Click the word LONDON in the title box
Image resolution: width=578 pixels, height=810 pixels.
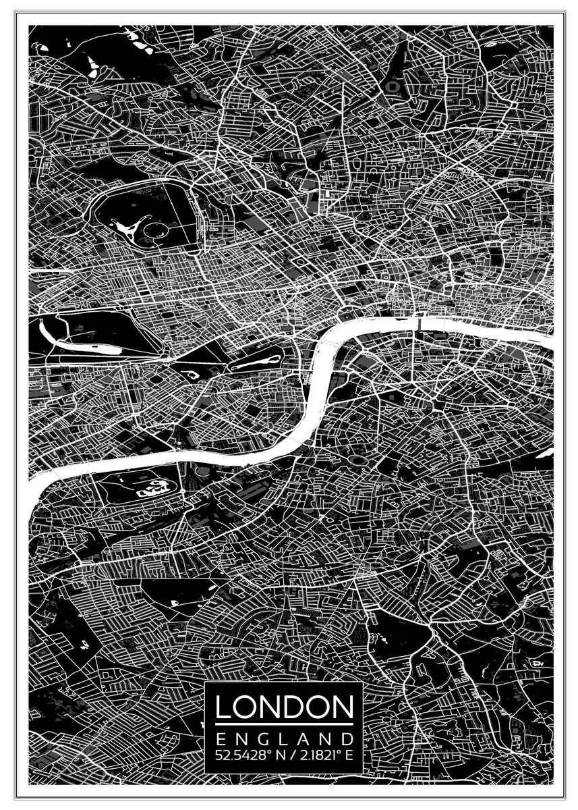pos(284,707)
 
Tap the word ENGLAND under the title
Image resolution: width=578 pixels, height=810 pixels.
pos(284,738)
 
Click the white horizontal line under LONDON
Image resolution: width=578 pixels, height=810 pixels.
pos(284,724)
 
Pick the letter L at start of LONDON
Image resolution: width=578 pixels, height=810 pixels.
pos(223,707)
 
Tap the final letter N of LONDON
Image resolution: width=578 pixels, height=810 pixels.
pos(342,707)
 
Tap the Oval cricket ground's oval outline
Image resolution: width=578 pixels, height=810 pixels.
pos(357,460)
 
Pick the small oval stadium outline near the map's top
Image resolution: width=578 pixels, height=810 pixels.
pos(392,86)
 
